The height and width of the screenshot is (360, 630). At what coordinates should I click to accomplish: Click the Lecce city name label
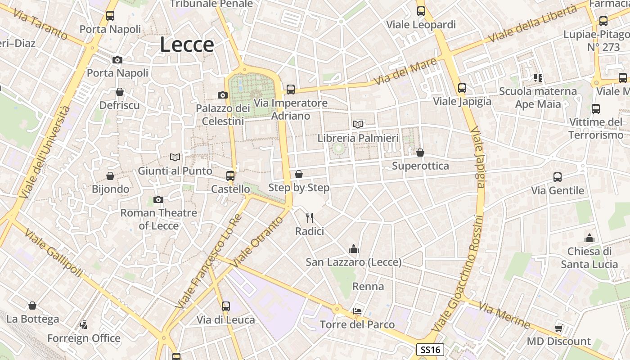point(187,45)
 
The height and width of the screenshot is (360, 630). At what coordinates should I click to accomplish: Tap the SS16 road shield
point(430,350)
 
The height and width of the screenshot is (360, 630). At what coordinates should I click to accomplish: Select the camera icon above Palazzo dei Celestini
point(223,95)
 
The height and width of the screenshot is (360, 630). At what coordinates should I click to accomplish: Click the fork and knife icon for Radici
point(310,218)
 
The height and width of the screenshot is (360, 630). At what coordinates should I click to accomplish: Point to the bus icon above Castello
point(230,175)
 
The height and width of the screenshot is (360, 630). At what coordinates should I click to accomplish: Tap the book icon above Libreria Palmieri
point(358,124)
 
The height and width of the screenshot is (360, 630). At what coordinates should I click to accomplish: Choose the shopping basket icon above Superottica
point(420,153)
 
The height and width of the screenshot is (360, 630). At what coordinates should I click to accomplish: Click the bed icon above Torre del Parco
point(357,311)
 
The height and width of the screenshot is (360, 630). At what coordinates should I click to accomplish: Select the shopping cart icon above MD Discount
point(559,328)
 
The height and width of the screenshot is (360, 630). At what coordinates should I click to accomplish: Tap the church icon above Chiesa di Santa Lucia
point(589,238)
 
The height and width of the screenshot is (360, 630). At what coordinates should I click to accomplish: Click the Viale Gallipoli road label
point(54,253)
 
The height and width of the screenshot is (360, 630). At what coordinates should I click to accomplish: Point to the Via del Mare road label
point(405,71)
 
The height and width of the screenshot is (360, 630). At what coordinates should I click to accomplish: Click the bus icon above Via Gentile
point(558,177)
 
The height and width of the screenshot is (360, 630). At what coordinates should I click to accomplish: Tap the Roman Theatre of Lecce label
point(158,219)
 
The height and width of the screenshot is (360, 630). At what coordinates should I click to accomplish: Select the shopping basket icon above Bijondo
point(110,175)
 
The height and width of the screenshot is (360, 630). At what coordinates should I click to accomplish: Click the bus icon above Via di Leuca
point(226,306)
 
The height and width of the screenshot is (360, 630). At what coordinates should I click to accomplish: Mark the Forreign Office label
point(84,338)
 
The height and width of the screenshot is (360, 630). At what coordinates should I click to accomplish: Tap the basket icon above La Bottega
point(32,306)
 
